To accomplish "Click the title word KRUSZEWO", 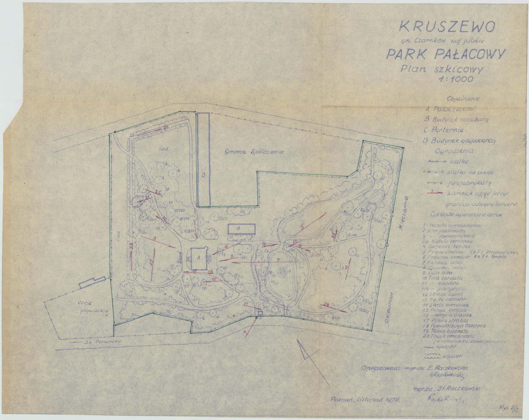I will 447,26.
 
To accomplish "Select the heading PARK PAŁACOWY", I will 446,54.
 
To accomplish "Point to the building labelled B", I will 242,229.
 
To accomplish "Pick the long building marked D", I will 203,159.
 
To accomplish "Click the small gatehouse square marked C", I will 260,313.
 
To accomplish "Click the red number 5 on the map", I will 302,228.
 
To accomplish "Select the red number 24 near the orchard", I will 166,127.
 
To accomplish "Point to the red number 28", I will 327,304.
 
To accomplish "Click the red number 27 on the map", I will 151,262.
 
